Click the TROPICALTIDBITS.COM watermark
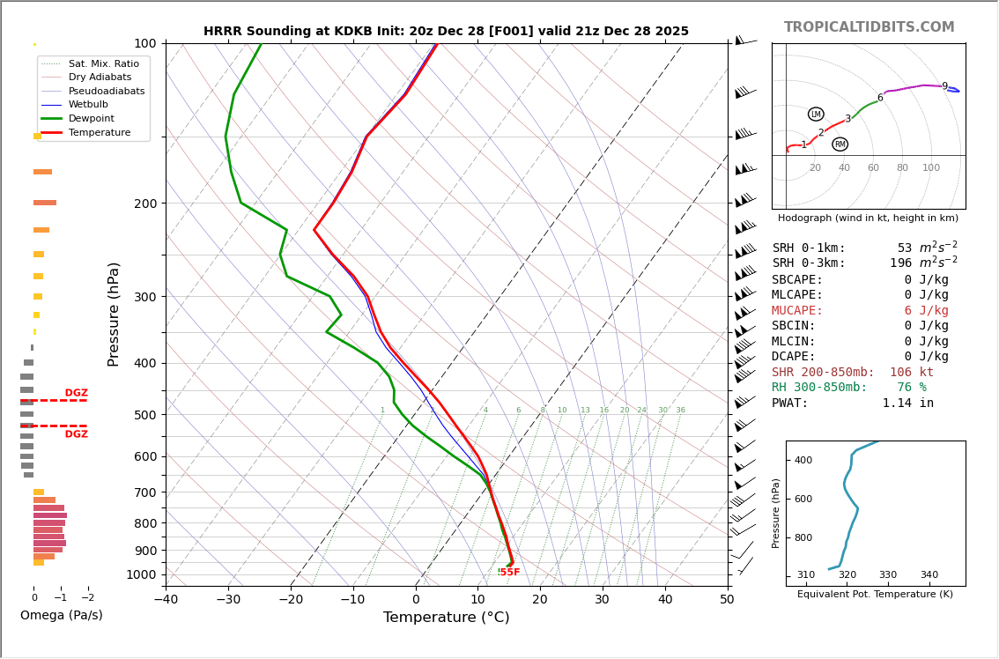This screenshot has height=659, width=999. click(869, 27)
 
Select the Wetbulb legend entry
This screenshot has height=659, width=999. click(88, 105)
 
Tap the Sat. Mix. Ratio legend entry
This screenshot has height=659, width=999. click(103, 64)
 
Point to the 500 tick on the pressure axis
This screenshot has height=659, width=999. click(144, 415)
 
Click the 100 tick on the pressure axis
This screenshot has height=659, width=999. click(144, 43)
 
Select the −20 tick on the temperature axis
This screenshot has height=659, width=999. click(291, 600)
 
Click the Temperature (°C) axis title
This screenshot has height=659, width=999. click(446, 618)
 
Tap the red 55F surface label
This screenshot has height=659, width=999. click(509, 573)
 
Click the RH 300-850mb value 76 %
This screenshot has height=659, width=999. click(911, 388)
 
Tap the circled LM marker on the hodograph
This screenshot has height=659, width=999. click(816, 115)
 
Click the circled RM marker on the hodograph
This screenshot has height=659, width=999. click(840, 144)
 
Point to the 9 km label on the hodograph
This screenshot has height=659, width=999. click(944, 87)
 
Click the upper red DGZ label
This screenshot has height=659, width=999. click(76, 393)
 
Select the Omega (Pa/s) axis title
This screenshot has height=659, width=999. click(61, 616)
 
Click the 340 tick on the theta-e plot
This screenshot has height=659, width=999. click(929, 575)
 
